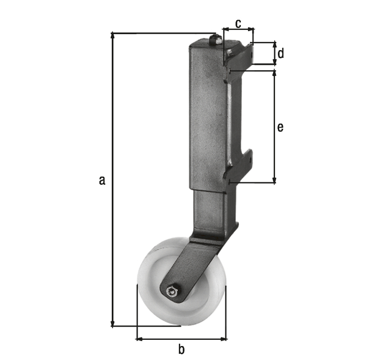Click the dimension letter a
(x=102, y=179)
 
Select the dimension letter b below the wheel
(x=181, y=350)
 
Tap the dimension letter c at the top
(x=238, y=23)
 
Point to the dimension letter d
(x=280, y=54)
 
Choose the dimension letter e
(x=280, y=127)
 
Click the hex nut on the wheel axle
(x=173, y=292)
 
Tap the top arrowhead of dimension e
(x=274, y=73)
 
